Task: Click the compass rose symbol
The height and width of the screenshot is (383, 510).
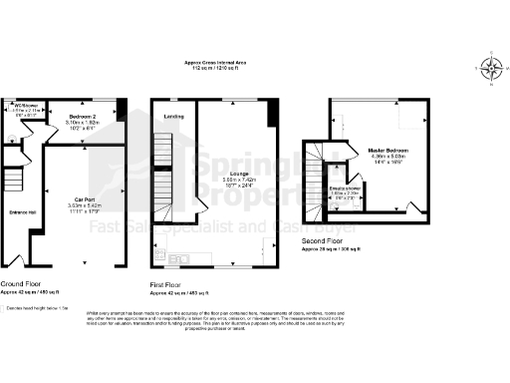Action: [x=490, y=68]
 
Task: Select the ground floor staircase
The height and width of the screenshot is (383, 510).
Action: [x=12, y=180]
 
